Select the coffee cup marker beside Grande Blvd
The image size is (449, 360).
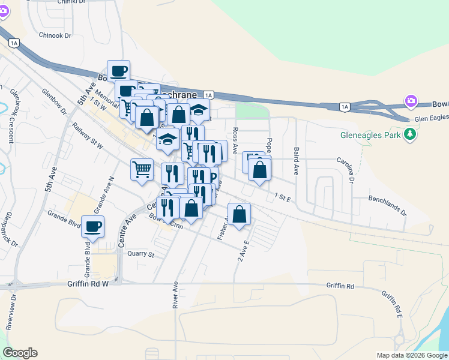click(x=93, y=227)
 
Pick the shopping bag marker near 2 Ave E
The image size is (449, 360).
click(x=239, y=214)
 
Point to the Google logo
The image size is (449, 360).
click(x=20, y=353)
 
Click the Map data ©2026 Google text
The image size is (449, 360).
click(x=411, y=355)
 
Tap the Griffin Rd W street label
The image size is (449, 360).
click(x=88, y=284)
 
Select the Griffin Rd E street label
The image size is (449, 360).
click(x=391, y=303)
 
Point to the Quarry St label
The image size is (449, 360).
click(x=141, y=254)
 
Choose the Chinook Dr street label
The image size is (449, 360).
click(x=55, y=35)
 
